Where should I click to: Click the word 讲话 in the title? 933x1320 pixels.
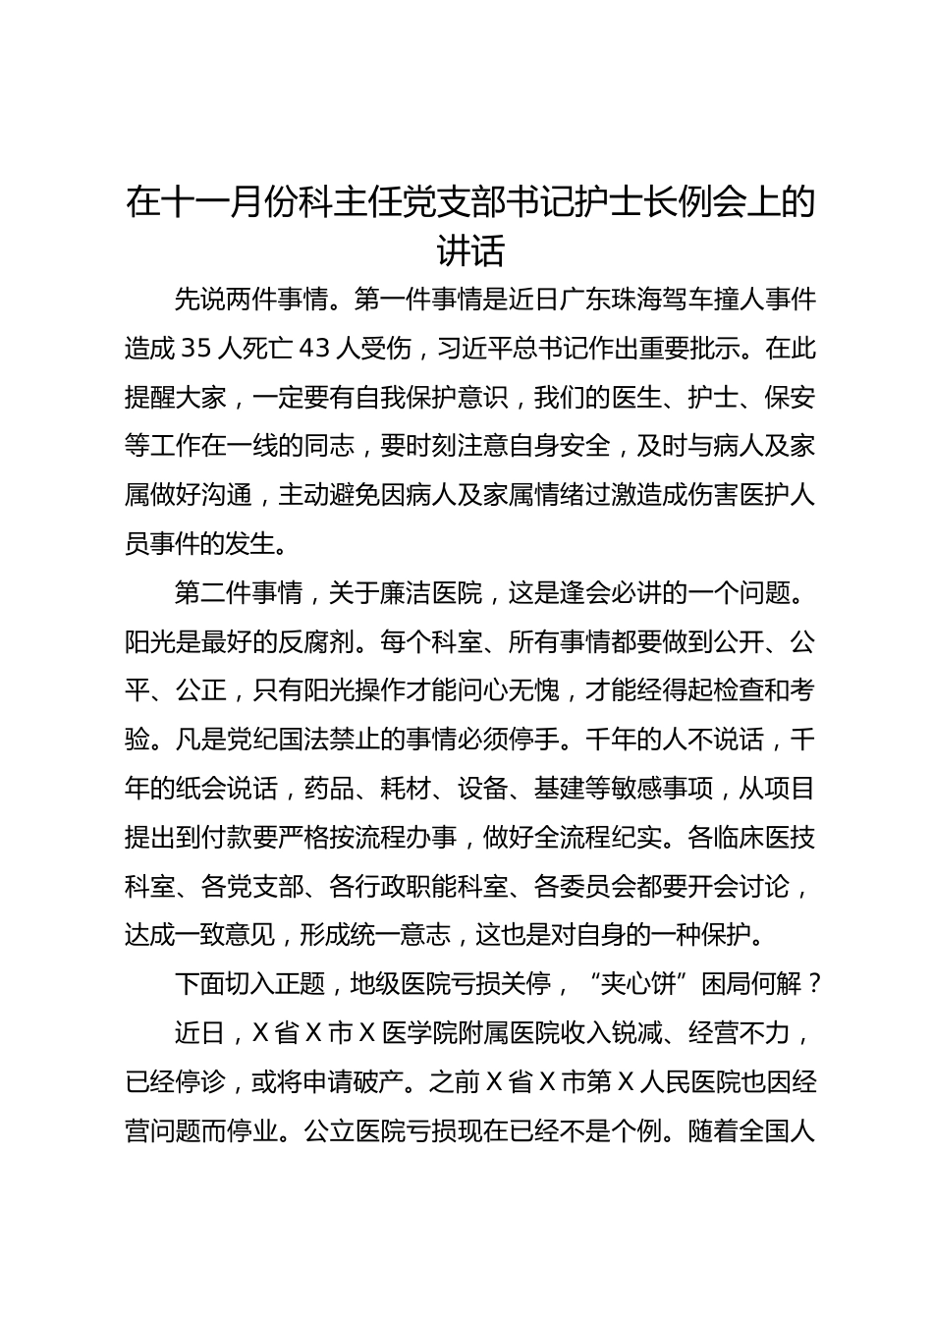470,251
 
